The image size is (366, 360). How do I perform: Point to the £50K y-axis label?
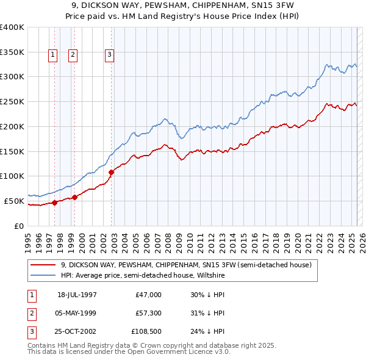pos(15,201)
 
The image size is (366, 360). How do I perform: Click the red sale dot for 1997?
pos(54,203)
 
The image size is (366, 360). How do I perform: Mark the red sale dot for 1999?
pos(74,197)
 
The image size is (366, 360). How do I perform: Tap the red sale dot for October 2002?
pos(112,172)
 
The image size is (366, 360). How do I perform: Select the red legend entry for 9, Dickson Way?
pos(186,265)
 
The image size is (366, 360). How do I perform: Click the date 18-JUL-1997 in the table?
pos(77,295)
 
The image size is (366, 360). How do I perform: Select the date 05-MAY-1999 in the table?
pos(76,313)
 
